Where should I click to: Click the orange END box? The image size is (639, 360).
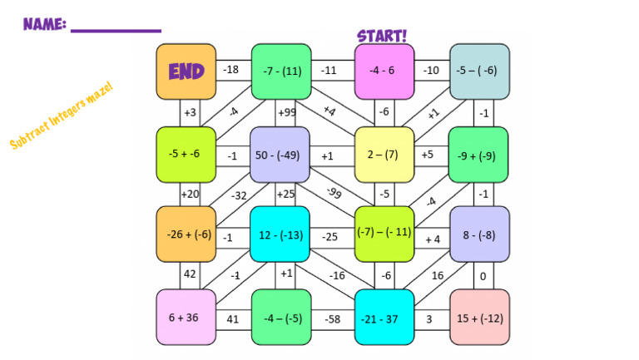coord(186,72)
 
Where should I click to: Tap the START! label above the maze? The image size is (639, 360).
coord(383,36)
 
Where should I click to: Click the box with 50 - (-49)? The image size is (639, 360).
coord(280,155)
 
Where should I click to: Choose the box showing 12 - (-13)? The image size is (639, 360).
coord(280,234)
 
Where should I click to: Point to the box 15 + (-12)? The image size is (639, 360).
coord(480,318)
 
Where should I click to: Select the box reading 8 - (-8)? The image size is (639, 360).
coord(480,234)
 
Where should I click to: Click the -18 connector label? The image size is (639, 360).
coord(231,70)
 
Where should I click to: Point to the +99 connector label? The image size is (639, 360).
coord(287,112)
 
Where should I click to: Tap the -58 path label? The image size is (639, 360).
coord(333,318)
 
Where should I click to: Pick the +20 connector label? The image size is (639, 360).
coord(191,195)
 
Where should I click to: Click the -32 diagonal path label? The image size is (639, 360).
coord(240,195)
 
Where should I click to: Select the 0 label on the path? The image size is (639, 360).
coord(483,276)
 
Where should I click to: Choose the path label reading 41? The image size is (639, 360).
coord(233,318)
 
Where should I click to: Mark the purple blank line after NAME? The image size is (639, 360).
coord(116,31)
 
